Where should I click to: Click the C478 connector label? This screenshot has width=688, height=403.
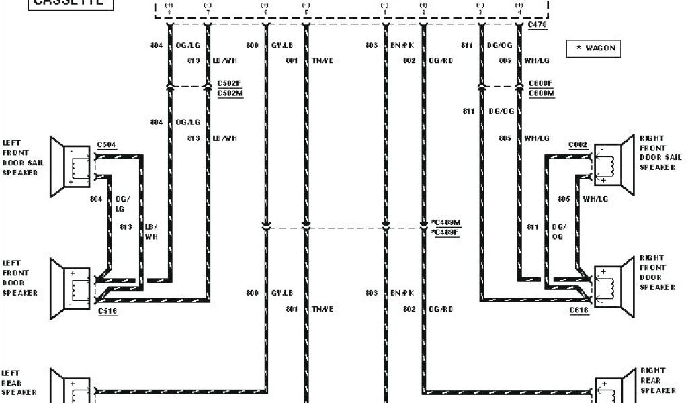537,25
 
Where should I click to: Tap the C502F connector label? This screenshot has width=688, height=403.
229,83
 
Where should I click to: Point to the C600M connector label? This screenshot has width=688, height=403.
541,93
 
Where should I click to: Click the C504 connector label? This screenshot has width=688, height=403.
106,144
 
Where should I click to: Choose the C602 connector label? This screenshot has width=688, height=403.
578,144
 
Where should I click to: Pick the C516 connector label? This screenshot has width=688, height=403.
107,311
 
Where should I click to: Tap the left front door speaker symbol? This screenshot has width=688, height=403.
70,285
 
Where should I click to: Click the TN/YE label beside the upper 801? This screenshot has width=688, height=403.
322,60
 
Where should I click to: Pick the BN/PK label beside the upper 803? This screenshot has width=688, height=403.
402,46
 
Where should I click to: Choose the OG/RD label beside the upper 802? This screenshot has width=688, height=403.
441,60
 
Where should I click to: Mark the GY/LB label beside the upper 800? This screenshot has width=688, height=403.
282,46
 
